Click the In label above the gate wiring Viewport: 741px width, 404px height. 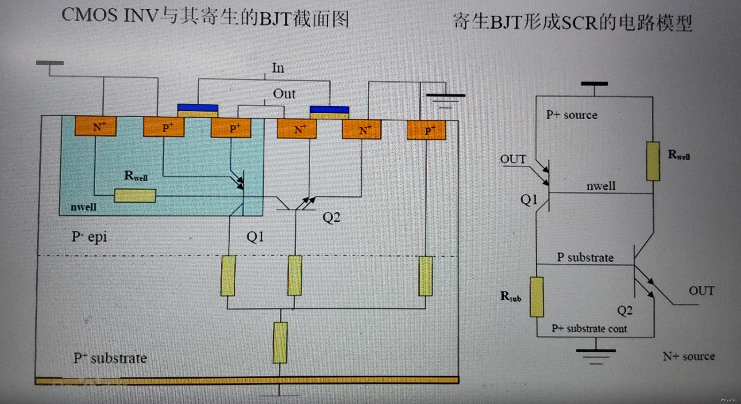coord(278,68)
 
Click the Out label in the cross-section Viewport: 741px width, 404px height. coord(284,94)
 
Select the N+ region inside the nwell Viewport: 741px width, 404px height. coord(96,126)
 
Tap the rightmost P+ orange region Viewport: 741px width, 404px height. coord(426,130)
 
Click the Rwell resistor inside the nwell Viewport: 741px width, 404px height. coord(135,196)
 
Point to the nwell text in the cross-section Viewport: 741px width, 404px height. coord(83,207)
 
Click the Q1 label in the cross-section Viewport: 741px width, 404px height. coord(255,237)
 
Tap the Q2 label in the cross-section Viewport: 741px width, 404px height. coord(331,217)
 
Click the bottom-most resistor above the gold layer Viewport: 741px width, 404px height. coord(280,343)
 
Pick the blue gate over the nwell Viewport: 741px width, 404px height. coord(198,108)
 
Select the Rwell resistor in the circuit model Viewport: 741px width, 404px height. coord(653,161)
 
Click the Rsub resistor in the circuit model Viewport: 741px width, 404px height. coord(537,297)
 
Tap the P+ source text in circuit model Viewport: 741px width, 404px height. coord(571,115)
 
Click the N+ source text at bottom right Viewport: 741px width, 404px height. coord(689,356)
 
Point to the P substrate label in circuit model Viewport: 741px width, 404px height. coord(585,257)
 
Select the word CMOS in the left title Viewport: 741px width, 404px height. coord(89,15)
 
